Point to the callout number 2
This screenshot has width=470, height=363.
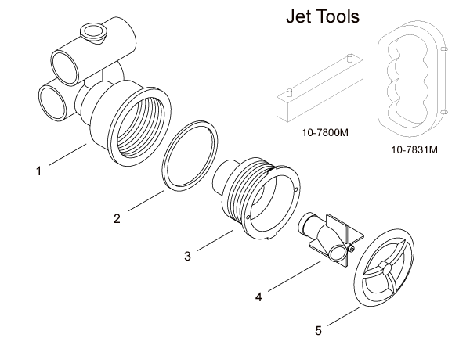click(117, 218)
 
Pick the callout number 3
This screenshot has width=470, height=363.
click(187, 256)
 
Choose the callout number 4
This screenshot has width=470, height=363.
click(258, 297)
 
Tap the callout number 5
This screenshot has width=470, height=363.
click(318, 331)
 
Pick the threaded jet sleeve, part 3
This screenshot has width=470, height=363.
click(258, 198)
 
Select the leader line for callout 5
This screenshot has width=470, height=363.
click(342, 316)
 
